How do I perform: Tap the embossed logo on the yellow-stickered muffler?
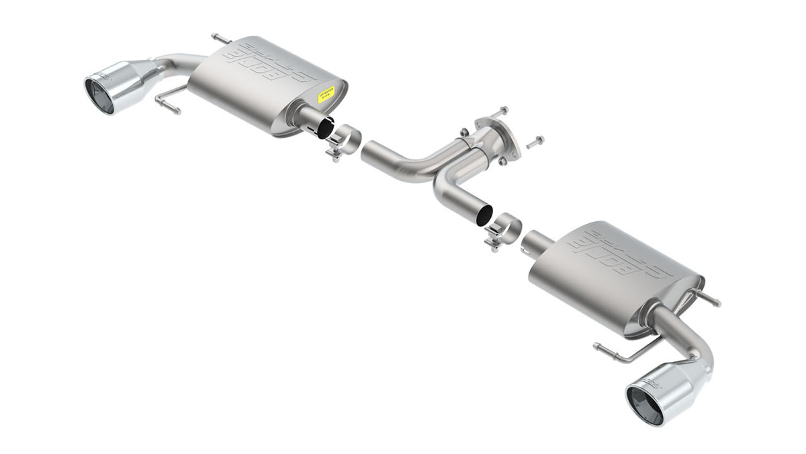[x=272, y=63]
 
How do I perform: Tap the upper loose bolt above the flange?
[x=500, y=111]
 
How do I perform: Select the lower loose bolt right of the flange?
[x=534, y=142]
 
